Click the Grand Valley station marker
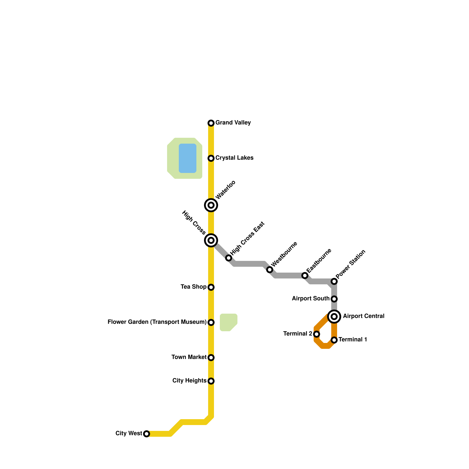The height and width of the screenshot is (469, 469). click(x=211, y=123)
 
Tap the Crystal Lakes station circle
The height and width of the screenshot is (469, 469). click(x=211, y=158)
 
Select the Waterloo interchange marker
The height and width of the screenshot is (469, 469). click(x=211, y=205)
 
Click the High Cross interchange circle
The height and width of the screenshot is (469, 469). click(x=211, y=240)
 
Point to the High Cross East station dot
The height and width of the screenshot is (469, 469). click(x=229, y=258)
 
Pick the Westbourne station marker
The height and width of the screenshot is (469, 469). click(x=270, y=270)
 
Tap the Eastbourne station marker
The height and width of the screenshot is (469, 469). click(x=305, y=276)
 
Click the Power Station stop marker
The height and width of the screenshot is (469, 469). click(x=334, y=281)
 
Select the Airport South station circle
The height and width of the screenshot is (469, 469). click(x=334, y=299)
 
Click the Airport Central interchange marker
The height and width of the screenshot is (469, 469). click(x=334, y=317)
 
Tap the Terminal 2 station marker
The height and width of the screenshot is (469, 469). click(x=317, y=334)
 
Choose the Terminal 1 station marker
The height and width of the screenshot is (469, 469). click(x=334, y=340)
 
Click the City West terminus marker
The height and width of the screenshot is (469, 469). click(x=147, y=434)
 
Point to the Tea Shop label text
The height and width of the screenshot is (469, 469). click(x=193, y=287)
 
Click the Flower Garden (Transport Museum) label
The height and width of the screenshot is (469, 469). click(x=157, y=322)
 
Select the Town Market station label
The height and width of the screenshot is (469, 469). click(x=189, y=357)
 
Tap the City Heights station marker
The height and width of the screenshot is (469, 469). click(x=211, y=381)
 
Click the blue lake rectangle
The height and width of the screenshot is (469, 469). click(x=188, y=158)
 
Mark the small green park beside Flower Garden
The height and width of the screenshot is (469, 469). click(x=228, y=322)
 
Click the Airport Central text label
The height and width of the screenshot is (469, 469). click(x=363, y=316)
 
